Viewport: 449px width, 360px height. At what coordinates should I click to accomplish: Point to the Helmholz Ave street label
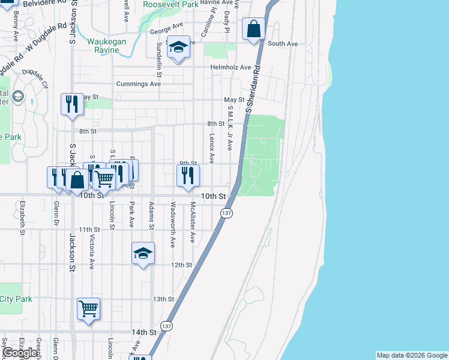pos(231,67)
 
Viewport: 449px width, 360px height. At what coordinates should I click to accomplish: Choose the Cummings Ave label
pos(139,84)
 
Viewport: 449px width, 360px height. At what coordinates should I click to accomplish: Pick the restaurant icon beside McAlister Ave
pos(188,175)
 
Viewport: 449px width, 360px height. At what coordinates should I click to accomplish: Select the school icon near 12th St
pos(143,254)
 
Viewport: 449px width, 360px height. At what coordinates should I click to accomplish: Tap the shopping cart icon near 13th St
pos(88,309)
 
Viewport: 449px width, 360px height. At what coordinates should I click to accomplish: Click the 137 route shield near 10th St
pos(226,213)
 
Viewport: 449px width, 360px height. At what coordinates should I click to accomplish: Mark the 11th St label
pos(89,230)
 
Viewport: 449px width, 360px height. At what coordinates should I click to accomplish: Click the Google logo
pos(20,353)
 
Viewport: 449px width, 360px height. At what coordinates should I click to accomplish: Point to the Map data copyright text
pos(411,355)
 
